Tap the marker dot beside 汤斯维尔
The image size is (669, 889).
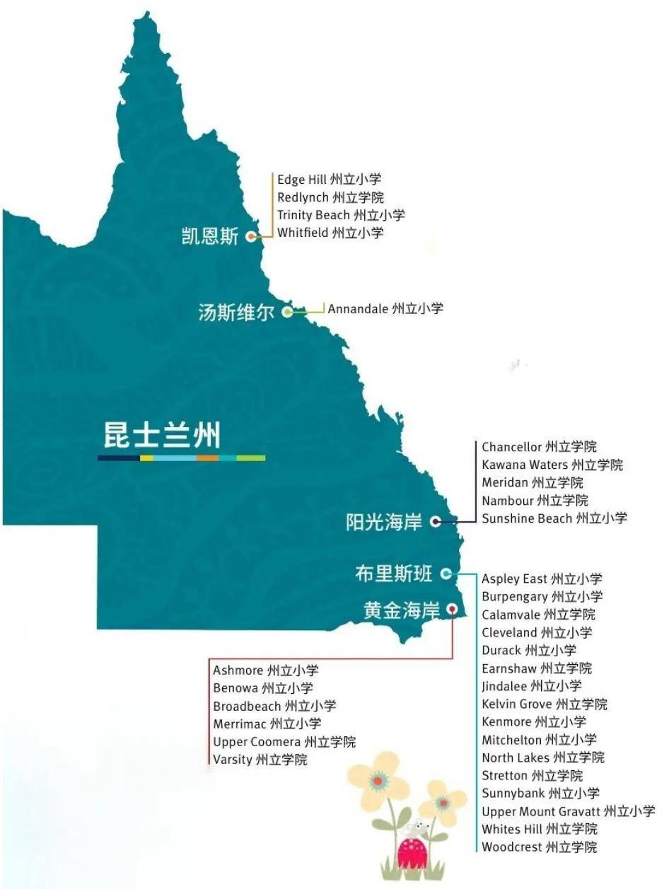[288, 311]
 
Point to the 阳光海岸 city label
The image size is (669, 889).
[384, 522]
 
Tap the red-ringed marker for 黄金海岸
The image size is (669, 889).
[452, 609]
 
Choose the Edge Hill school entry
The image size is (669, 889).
[329, 180]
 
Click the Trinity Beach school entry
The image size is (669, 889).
[341, 215]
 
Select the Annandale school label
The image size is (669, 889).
[385, 308]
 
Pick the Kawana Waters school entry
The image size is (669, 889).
[552, 465]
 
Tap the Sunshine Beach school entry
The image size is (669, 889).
[554, 518]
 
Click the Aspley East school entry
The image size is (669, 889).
[542, 579]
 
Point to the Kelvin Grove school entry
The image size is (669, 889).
[544, 704]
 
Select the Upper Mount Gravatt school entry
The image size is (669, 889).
[568, 811]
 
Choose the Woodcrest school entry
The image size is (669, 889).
[539, 847]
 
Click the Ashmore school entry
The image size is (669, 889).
[265, 670]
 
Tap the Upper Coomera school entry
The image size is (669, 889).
[284, 742]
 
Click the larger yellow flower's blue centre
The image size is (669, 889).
[378, 781]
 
